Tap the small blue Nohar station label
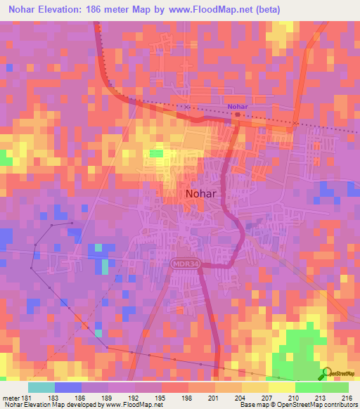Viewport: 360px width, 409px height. (x=238, y=106)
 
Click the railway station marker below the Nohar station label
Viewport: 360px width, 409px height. (x=238, y=114)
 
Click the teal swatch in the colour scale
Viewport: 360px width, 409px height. (x=41, y=387)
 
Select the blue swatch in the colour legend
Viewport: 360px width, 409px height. (x=68, y=387)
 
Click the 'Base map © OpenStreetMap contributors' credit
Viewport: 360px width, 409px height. (x=295, y=404)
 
